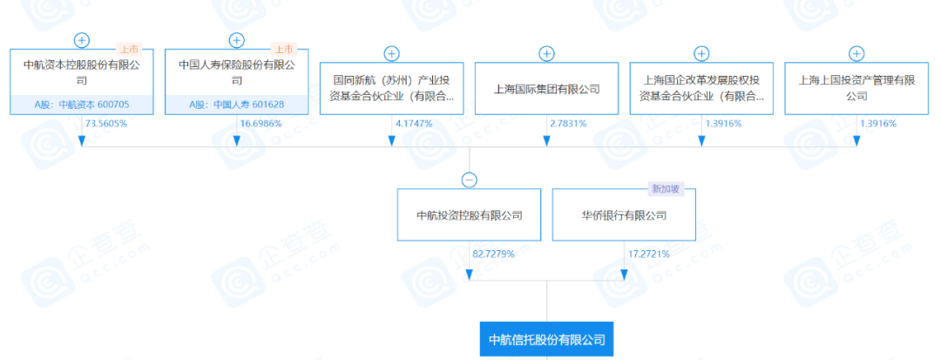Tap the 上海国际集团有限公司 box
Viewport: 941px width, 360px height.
click(546, 88)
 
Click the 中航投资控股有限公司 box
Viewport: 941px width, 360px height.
click(469, 214)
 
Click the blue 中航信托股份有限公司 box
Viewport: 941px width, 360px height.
click(546, 339)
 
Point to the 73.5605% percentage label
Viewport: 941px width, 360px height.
click(105, 124)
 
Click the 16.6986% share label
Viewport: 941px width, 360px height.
click(261, 124)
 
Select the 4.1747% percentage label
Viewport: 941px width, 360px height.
click(415, 124)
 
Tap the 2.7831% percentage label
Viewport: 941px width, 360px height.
click(570, 124)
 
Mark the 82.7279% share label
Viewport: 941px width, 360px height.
click(493, 255)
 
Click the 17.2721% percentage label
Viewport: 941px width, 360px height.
click(648, 255)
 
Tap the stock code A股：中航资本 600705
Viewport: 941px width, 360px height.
click(81, 105)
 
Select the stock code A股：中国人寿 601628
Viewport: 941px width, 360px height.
click(236, 105)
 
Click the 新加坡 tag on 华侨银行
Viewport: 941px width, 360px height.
click(661, 187)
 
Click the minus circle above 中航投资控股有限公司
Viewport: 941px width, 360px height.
click(469, 180)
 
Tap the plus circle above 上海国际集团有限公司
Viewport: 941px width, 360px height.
click(546, 54)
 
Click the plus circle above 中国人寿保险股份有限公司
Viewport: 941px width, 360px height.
click(236, 40)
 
